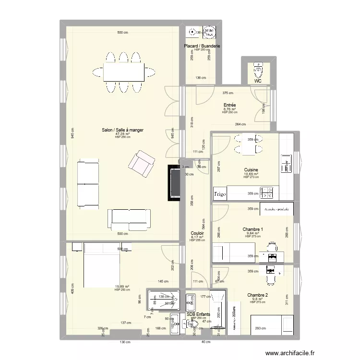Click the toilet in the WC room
(x=259, y=71)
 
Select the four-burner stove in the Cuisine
(x=266, y=193)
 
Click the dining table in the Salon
(x=123, y=72)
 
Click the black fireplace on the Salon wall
(x=174, y=183)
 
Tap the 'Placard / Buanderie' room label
(x=202, y=46)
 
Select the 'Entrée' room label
(x=229, y=104)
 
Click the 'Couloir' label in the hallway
(x=197, y=233)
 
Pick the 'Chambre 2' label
(x=257, y=295)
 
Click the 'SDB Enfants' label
(x=198, y=314)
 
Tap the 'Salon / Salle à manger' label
(x=122, y=130)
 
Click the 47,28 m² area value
(x=122, y=134)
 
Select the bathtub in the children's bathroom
(x=218, y=310)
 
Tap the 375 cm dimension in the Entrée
(x=228, y=93)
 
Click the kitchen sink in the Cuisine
(x=286, y=164)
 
